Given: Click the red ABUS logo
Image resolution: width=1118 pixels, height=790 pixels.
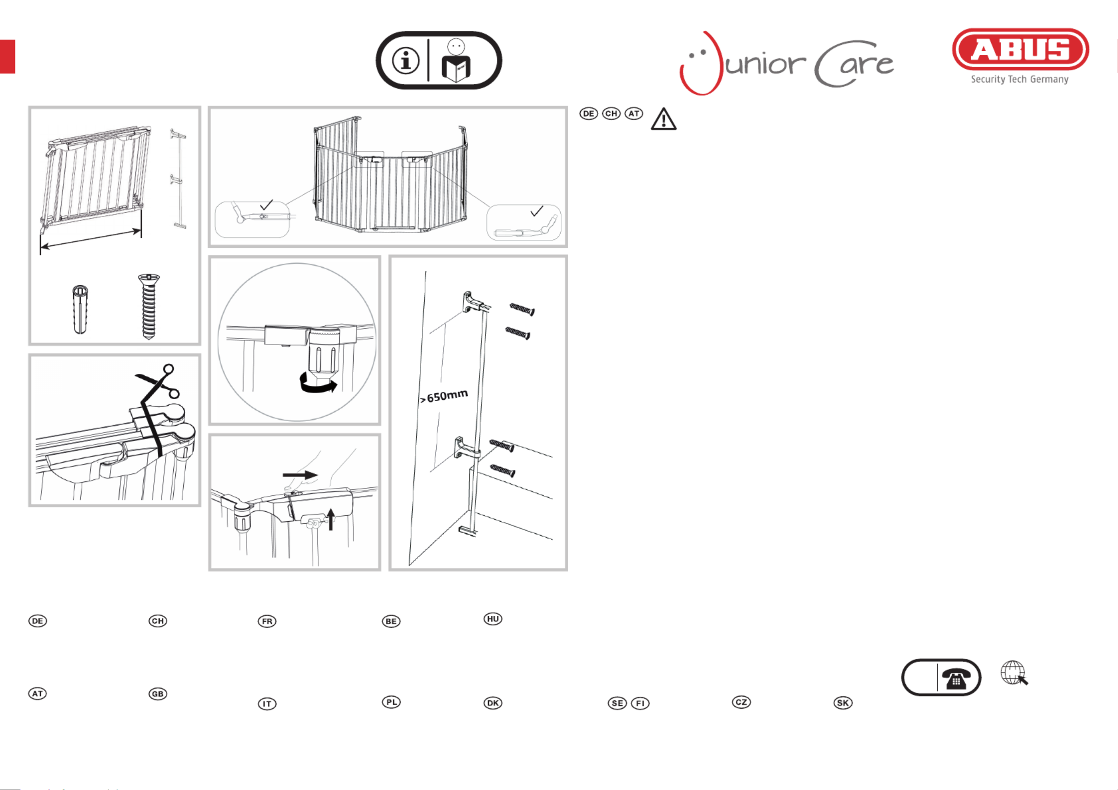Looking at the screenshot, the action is pos(1020,49).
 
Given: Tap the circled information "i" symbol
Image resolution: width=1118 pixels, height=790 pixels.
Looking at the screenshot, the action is pos(406,61).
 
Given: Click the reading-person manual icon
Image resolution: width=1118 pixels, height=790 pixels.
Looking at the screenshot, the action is pos(456,61).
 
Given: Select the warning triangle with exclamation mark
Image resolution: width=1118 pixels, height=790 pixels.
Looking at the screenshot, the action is pos(663,119).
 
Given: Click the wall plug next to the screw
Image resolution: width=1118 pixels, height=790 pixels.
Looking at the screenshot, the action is pos(80,309).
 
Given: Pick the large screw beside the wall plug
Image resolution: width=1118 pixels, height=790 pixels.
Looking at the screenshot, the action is pos(148,306).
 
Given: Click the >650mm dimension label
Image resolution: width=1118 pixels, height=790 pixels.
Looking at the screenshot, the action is pos(444,396).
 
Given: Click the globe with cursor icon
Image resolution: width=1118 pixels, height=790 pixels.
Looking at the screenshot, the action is pos(1014,673).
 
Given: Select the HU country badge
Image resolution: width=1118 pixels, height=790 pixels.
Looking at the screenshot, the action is pos(493,619).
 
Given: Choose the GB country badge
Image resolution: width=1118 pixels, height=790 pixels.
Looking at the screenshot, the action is pos(158,694).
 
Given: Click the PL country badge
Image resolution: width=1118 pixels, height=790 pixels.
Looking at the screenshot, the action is pos(391,702).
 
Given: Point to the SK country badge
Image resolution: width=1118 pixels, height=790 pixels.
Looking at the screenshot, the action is pos(843,703).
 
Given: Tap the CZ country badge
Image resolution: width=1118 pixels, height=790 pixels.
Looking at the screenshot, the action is pos(741,702).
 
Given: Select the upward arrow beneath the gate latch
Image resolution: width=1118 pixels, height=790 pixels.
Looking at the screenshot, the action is pos(331,519).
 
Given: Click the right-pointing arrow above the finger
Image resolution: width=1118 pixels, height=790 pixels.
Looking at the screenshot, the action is pos(300,475).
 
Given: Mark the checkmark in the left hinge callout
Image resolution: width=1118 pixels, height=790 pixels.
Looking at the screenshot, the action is pos(266,205).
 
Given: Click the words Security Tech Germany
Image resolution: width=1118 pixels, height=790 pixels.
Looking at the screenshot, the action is pos(1019,80).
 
